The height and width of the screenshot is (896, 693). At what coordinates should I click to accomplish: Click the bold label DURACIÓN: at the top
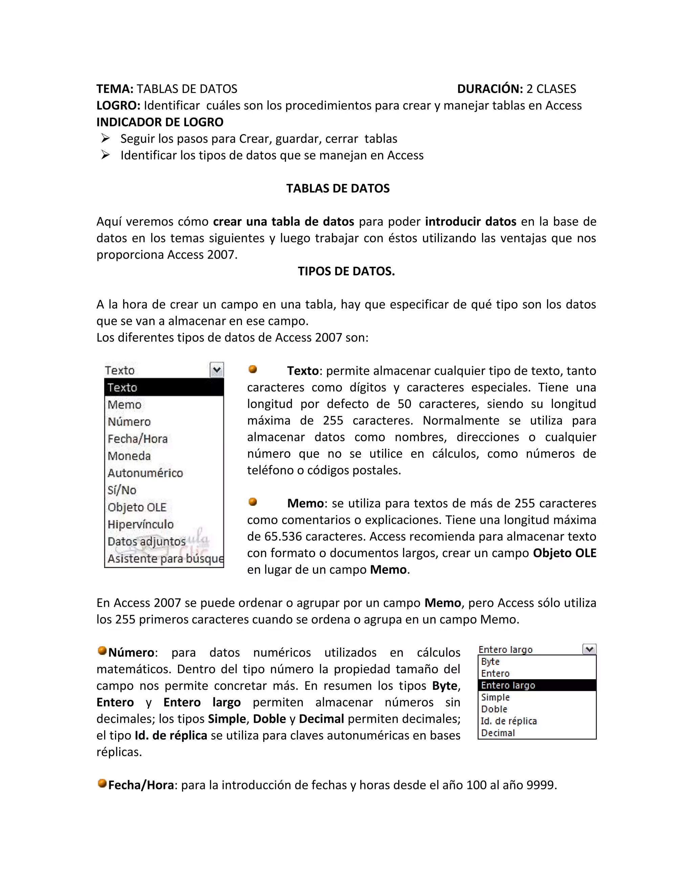490,89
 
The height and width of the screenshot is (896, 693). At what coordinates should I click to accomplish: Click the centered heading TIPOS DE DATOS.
346,271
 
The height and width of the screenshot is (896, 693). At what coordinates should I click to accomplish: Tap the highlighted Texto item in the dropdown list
164,387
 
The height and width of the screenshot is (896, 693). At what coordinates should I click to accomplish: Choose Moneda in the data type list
129,456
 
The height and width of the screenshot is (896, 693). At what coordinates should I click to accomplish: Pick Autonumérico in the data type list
145,473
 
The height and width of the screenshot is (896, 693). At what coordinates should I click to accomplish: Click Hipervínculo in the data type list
140,524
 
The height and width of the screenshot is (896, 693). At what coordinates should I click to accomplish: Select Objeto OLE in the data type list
137,507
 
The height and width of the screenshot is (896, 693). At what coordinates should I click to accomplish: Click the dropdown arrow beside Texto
217,370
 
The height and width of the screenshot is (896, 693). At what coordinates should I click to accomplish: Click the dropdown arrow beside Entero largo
589,649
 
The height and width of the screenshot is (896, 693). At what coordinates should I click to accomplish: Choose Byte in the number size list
490,661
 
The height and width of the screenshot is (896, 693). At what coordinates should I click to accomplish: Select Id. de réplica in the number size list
509,721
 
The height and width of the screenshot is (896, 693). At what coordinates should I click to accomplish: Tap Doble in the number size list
494,709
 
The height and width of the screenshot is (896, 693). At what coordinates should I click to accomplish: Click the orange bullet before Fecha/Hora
102,783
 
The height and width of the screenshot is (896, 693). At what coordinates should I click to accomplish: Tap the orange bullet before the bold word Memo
253,502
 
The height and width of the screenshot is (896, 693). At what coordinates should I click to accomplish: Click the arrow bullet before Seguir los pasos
106,139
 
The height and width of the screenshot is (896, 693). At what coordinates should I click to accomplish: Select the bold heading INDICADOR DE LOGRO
160,122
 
